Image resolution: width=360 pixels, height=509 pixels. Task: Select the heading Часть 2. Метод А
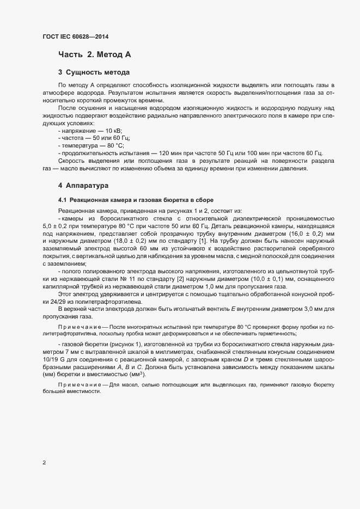pyautogui.click(x=94, y=54)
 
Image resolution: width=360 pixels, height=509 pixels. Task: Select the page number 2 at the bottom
pyautogui.click(x=44, y=463)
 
